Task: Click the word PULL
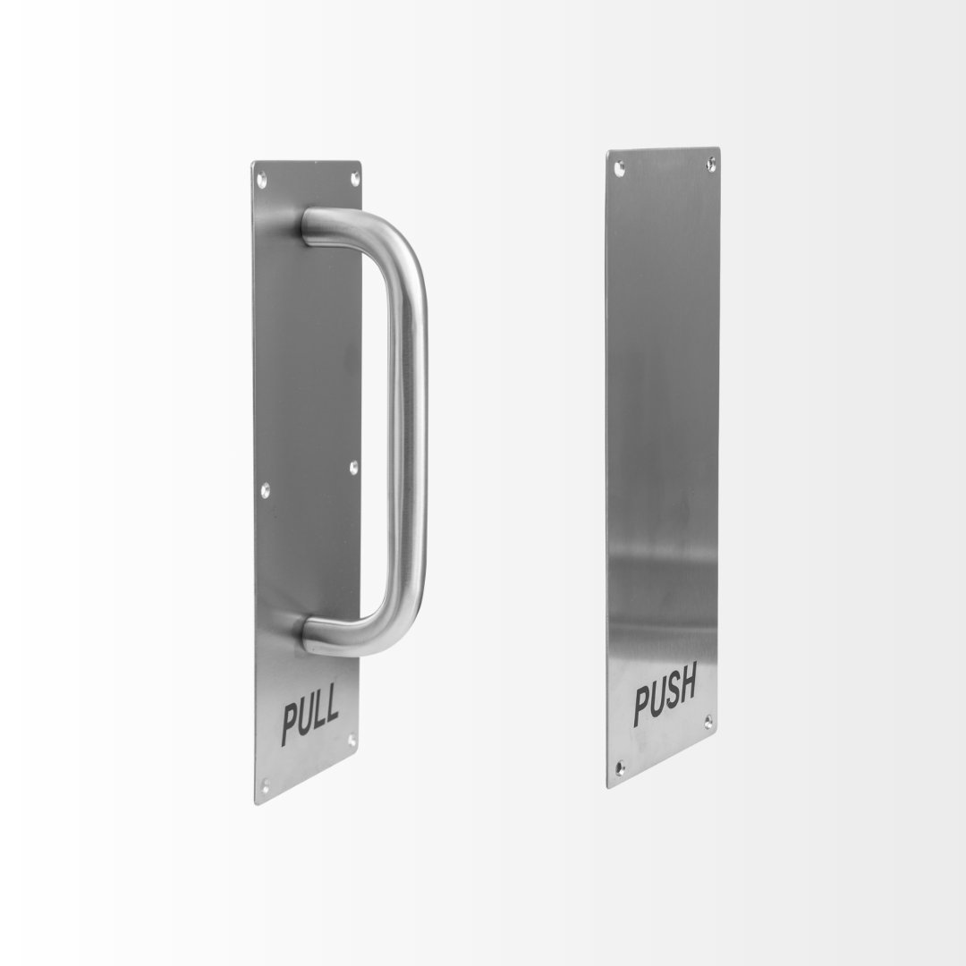310,716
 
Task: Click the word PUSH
665,694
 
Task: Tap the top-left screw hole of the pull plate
261,181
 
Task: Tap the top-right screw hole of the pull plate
355,178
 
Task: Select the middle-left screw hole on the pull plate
265,491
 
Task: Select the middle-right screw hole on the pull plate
353,468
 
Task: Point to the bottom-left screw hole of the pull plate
266,785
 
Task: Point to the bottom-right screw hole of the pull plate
352,740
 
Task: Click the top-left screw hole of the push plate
620,166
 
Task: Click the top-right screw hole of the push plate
710,164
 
